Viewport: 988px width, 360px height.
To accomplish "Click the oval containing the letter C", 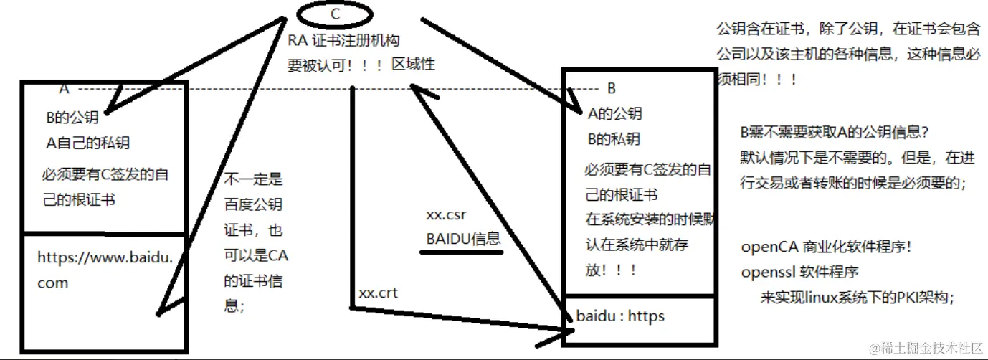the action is (334, 14).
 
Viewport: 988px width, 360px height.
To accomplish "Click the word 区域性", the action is (413, 65).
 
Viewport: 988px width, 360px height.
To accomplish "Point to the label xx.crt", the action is (378, 293).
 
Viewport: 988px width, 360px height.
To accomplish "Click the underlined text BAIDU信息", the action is (463, 239).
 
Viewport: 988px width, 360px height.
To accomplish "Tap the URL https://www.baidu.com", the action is (105, 270).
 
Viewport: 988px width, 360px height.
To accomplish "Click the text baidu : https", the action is (620, 316).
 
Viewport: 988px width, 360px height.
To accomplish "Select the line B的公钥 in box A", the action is (72, 118).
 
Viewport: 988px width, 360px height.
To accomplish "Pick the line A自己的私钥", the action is (87, 143).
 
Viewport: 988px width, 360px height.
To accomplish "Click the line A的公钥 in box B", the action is (614, 113).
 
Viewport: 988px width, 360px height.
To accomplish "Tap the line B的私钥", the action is (614, 139).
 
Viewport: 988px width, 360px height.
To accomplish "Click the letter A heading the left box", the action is (64, 89).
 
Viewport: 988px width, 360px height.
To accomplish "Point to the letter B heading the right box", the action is (612, 89).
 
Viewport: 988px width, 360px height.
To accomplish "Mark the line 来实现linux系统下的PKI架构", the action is (858, 298).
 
